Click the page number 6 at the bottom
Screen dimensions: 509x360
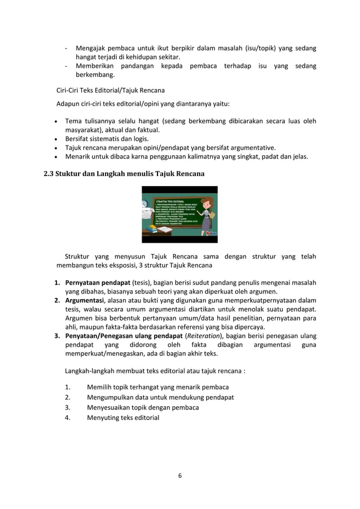click(179, 476)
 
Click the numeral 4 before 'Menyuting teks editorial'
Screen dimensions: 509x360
click(67, 418)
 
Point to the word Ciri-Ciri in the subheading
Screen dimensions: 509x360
click(68, 90)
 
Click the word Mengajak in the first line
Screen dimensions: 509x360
click(90, 48)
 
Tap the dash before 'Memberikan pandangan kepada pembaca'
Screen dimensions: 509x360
click(67, 66)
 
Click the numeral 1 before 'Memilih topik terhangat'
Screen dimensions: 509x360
click(67, 387)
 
